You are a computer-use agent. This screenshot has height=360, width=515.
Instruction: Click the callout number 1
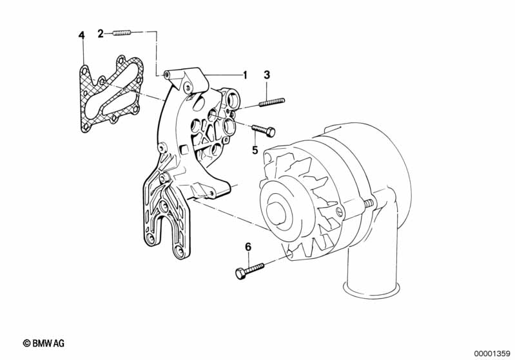[x=244, y=75]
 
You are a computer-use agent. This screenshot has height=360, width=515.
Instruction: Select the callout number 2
[x=101, y=33]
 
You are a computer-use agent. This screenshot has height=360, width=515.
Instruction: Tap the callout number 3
[x=267, y=75]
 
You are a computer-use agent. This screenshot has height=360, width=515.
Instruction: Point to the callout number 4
[x=81, y=35]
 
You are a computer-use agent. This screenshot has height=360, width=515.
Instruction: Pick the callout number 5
[x=255, y=150]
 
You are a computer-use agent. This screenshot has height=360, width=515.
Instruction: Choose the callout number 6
[x=248, y=247]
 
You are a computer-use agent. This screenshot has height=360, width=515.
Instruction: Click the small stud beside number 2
[x=122, y=33]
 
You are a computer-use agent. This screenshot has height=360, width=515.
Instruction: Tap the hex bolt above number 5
[x=263, y=130]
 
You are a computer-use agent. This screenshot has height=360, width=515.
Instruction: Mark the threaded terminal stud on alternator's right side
[x=369, y=204]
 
